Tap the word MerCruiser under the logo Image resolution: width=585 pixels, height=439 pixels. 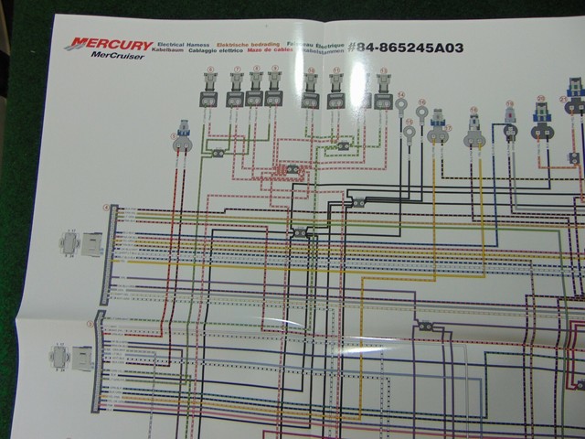click(111, 55)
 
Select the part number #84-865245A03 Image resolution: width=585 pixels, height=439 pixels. click(406, 47)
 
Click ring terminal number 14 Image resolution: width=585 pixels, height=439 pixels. click(401, 105)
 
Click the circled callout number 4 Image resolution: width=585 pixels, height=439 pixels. click(106, 208)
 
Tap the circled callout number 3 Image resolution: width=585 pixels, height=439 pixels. click(90, 323)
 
